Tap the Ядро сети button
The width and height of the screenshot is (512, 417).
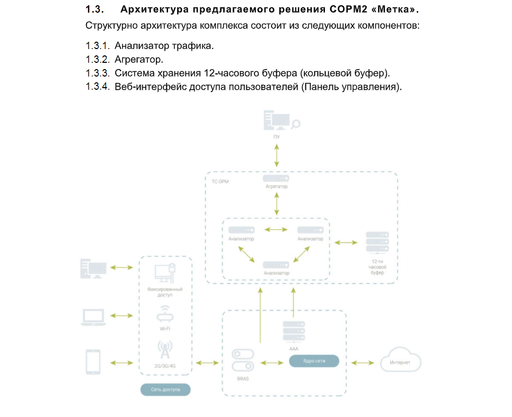point(314,361)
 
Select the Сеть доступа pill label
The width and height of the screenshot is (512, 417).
point(165,390)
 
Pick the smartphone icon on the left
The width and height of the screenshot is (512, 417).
point(93,362)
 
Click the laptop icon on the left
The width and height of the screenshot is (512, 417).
point(93,317)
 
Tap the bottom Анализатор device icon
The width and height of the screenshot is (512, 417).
point(276,264)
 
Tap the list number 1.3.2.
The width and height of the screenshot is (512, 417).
point(98,60)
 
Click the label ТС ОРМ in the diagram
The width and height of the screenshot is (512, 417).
point(220,181)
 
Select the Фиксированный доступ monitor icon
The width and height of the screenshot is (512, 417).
point(165,273)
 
